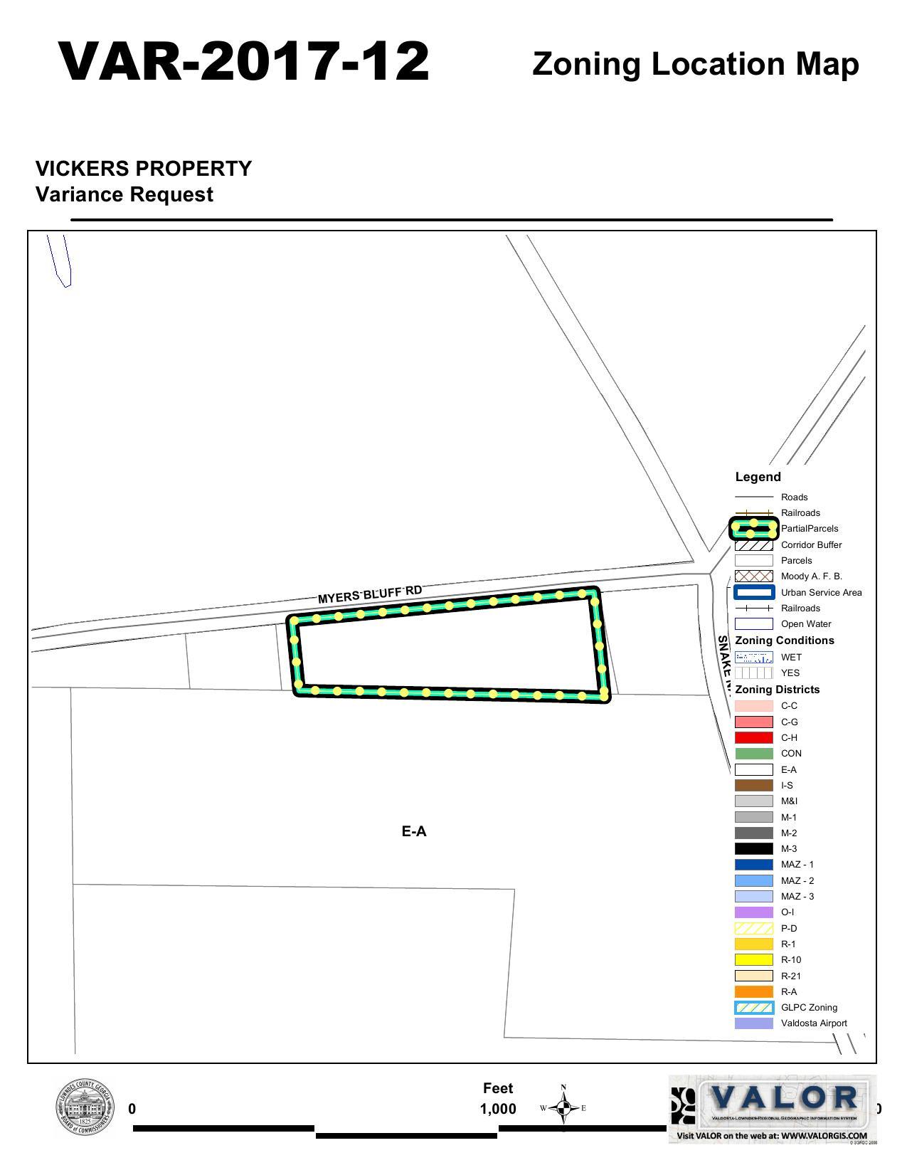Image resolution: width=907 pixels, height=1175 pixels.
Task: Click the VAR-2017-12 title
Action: click(244, 62)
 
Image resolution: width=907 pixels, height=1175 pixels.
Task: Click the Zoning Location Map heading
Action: click(695, 64)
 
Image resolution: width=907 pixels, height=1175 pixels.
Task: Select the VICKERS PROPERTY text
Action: click(144, 169)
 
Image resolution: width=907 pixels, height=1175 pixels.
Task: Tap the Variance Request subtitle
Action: click(124, 194)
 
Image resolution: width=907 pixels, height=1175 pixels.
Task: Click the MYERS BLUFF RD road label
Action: click(369, 594)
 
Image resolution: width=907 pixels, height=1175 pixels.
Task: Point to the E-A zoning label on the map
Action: click(414, 831)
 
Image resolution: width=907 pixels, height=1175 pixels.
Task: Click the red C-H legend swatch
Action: click(753, 737)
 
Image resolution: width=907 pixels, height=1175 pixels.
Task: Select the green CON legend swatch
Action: click(753, 754)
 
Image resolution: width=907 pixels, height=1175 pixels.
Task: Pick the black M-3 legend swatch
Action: click(753, 848)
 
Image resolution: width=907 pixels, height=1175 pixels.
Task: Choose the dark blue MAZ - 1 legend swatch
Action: click(753, 865)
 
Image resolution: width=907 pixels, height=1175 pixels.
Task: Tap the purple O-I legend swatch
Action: click(753, 912)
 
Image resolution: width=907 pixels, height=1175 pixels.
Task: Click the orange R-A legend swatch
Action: click(753, 991)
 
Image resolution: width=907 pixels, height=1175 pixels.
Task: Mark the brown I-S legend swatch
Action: click(753, 785)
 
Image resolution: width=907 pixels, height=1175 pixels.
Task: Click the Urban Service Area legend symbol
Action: click(753, 592)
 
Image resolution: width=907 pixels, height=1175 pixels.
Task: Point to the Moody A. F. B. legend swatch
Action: click(753, 576)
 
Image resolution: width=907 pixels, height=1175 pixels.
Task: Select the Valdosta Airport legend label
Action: click(814, 1023)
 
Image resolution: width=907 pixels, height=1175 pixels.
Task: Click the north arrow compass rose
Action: click(563, 1107)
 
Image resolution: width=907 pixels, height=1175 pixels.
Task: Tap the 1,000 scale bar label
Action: click(498, 1109)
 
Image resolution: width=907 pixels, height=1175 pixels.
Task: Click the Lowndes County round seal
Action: click(85, 1108)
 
